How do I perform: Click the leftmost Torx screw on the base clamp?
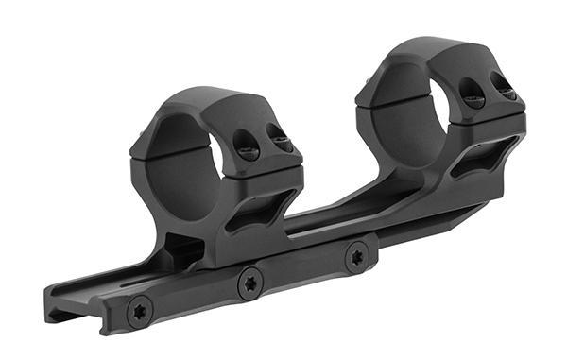coord(140,311)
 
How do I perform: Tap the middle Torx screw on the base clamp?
coord(250,283)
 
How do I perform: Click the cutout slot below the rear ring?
coord(483,158)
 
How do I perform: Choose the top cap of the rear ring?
coord(425,52)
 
